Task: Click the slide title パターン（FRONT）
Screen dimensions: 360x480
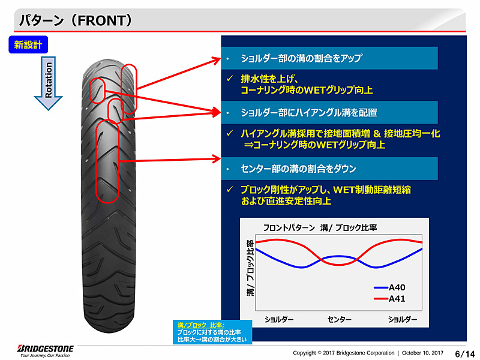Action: tap(76, 21)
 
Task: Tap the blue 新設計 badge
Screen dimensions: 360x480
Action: tap(28, 44)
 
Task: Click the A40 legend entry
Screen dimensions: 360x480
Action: tap(397, 287)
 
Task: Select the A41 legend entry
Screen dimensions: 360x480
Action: tap(397, 298)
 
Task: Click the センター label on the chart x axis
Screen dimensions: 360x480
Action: tap(339, 319)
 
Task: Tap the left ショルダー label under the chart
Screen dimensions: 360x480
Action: tap(279, 319)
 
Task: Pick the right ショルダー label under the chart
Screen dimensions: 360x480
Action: tap(402, 319)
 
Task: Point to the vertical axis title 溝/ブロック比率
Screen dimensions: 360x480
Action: tap(250, 267)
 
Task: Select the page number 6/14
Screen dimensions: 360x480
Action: tap(464, 352)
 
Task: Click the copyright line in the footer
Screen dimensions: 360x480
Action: tap(368, 353)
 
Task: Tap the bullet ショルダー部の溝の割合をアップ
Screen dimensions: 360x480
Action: tap(301, 59)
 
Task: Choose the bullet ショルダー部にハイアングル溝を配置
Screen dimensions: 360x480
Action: tap(308, 112)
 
